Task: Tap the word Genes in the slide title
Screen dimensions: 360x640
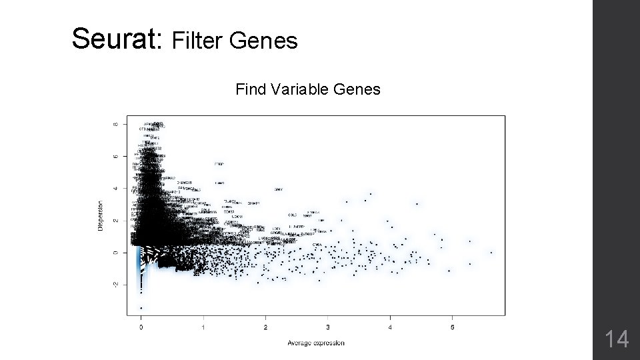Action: [264, 42]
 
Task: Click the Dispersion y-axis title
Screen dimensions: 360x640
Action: [101, 216]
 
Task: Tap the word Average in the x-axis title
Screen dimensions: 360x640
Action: [301, 343]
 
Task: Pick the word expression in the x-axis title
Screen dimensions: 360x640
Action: [330, 343]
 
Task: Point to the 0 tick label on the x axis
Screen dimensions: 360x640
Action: [141, 327]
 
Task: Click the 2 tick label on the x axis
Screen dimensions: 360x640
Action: [265, 327]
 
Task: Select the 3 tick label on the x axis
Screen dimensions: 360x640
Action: [328, 327]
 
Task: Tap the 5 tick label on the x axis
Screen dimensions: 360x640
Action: [452, 327]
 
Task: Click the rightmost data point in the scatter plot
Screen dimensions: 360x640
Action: [491, 252]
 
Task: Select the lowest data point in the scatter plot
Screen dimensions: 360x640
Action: [141, 308]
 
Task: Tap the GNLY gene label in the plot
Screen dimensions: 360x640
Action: [279, 189]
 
